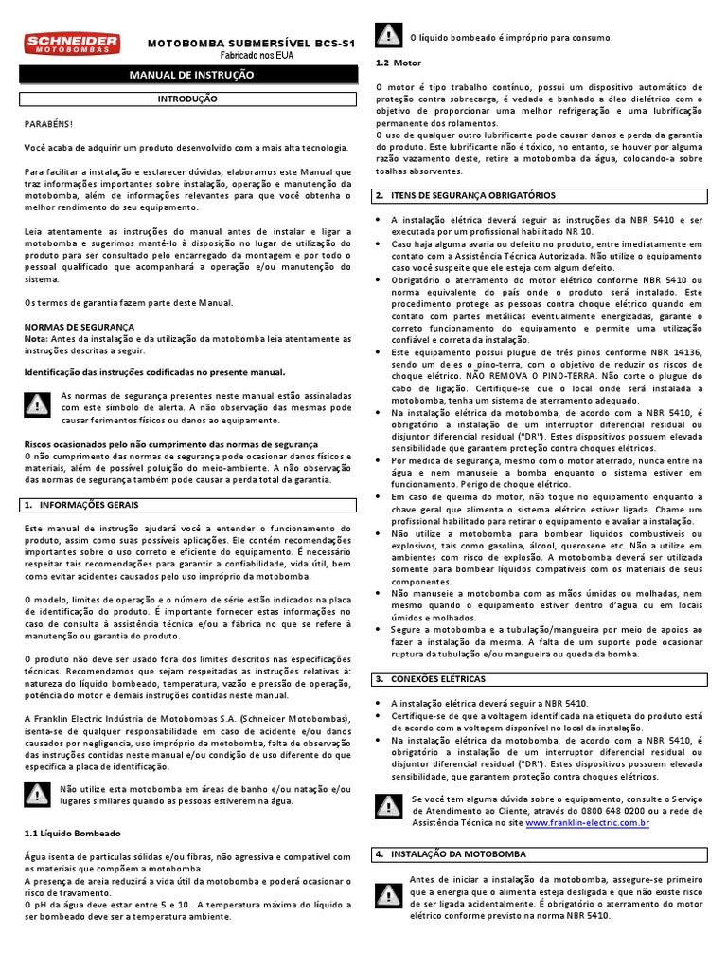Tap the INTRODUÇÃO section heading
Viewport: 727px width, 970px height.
(x=186, y=99)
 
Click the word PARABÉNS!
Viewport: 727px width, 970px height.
(x=47, y=123)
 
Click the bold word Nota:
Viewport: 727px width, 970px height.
(x=35, y=338)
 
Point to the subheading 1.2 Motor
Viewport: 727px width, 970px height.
(x=398, y=63)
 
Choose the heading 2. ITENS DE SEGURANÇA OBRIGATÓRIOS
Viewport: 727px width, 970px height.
(x=465, y=195)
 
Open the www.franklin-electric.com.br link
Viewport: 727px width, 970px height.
(x=587, y=824)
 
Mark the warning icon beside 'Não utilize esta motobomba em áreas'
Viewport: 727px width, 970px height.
(x=37, y=794)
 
